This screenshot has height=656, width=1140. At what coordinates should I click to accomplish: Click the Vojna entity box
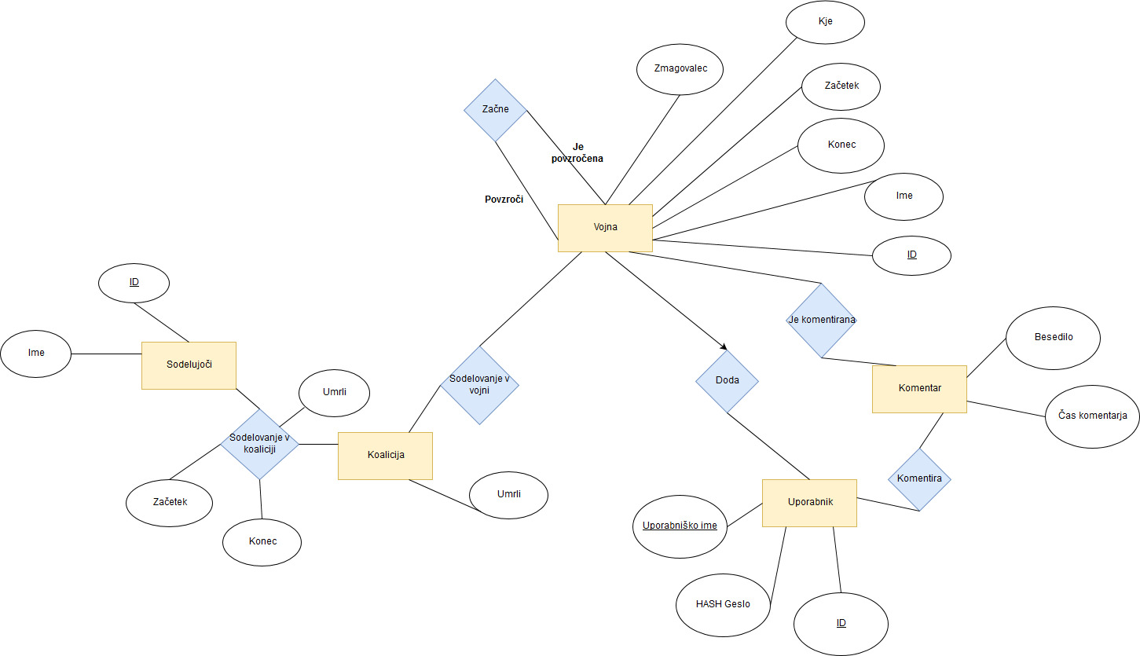(605, 228)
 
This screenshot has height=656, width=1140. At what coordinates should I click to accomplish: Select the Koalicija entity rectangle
(385, 456)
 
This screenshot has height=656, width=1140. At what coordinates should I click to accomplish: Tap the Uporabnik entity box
(809, 503)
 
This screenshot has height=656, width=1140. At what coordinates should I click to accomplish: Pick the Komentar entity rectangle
(919, 389)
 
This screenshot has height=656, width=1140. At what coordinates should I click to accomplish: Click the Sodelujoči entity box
(189, 365)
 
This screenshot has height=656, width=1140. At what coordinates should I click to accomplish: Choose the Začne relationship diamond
(494, 110)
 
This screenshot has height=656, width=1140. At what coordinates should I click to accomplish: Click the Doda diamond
(727, 381)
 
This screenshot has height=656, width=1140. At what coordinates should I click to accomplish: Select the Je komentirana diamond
(821, 321)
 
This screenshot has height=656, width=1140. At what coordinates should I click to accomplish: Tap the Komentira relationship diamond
(919, 479)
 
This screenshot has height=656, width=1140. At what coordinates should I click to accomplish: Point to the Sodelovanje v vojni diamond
(479, 385)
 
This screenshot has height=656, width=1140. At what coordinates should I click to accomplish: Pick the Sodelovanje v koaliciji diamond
(259, 444)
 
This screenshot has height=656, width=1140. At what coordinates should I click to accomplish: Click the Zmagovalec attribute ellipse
(680, 69)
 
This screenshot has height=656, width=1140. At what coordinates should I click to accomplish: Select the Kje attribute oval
(825, 22)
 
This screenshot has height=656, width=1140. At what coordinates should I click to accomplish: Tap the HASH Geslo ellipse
(723, 604)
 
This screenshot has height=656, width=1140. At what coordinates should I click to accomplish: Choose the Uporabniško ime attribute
(680, 526)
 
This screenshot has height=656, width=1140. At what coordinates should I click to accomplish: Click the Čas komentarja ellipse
(1092, 416)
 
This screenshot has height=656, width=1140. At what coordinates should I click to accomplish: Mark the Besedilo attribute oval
(1053, 337)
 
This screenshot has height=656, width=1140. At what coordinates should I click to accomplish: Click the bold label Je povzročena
(577, 152)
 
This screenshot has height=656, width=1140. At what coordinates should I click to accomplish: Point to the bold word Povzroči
(504, 200)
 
